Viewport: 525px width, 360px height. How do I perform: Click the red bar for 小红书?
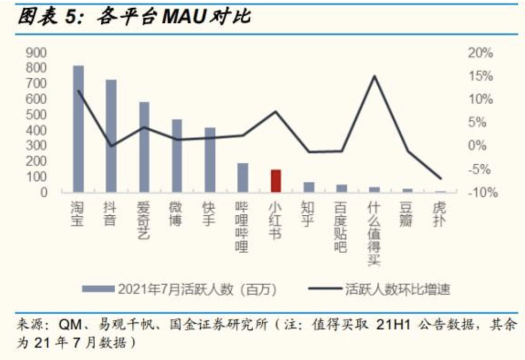pyautogui.click(x=276, y=181)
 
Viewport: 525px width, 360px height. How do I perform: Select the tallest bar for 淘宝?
pyautogui.click(x=78, y=129)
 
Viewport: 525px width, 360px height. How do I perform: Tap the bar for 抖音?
pyautogui.click(x=111, y=136)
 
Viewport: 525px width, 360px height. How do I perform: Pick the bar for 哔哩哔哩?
pyautogui.click(x=243, y=177)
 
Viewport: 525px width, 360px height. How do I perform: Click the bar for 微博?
pyautogui.click(x=177, y=155)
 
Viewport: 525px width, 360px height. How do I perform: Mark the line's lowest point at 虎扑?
pyautogui.click(x=440, y=178)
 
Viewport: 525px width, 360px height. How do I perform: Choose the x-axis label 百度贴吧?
pyautogui.click(x=341, y=227)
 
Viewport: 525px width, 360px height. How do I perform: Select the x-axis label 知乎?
pyautogui.click(x=308, y=214)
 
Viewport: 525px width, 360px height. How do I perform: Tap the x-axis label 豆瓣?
pyautogui.click(x=407, y=214)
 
